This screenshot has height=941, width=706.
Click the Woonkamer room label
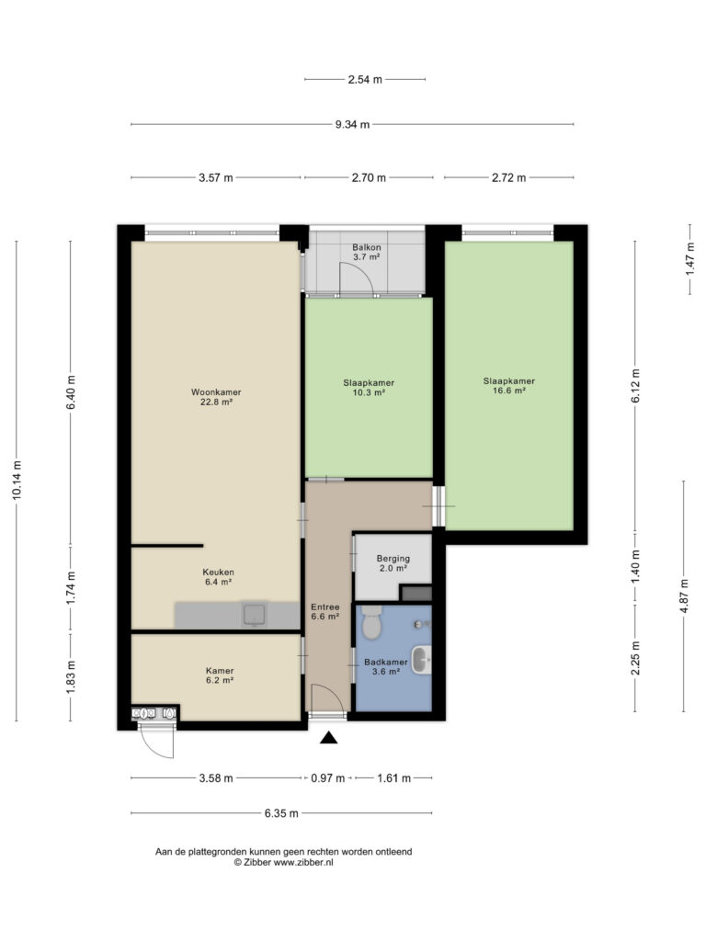click(x=216, y=397)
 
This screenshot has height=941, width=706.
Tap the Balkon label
click(x=366, y=252)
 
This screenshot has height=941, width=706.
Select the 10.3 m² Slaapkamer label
click(x=369, y=388)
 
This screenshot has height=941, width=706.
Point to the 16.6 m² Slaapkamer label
click(x=509, y=385)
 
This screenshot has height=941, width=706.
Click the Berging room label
click(x=393, y=563)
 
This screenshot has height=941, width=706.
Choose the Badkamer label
click(x=385, y=667)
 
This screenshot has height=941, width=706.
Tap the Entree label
click(x=325, y=611)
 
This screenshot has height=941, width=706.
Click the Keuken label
click(x=218, y=577)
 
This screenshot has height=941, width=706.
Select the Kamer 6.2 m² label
click(x=220, y=675)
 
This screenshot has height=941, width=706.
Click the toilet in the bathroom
click(x=372, y=622)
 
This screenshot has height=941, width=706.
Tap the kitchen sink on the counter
click(x=254, y=615)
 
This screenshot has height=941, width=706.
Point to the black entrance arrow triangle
click(x=328, y=738)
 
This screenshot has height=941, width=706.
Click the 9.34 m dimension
click(x=352, y=125)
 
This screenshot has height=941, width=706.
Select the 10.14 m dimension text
click(x=17, y=480)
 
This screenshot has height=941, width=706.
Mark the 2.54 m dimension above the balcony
click(x=365, y=79)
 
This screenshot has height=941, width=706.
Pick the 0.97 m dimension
click(x=328, y=778)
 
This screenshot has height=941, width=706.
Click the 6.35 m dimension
click(x=281, y=814)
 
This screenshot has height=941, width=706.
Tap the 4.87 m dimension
click(x=684, y=595)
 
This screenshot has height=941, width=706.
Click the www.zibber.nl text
click(x=303, y=862)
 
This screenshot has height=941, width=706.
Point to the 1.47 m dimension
click(x=689, y=257)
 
